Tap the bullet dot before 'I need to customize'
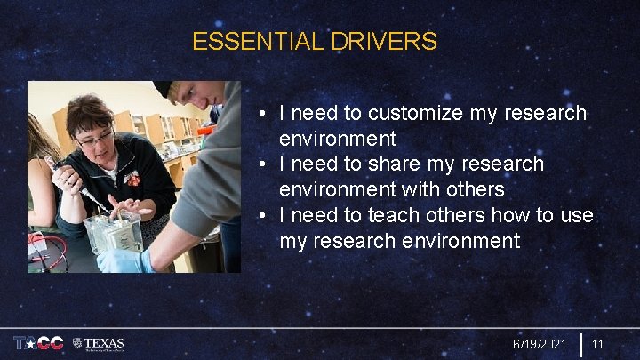coord(264,115)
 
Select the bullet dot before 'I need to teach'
coord(264,217)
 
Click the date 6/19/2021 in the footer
coord(540,344)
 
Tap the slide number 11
coord(598,344)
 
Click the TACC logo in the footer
coord(38,343)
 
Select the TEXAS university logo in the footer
coord(99,343)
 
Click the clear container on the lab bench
coord(113,230)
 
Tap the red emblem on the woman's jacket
coord(132,179)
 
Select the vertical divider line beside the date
coord(580,344)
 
